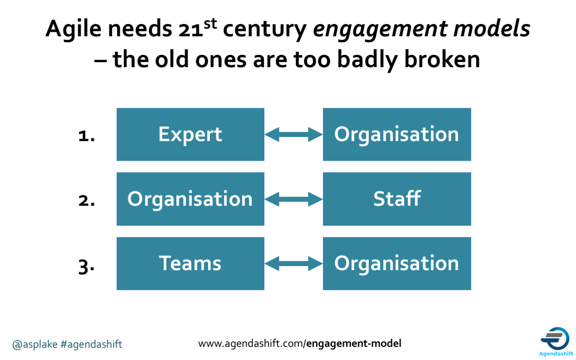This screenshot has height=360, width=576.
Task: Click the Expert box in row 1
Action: [190, 134]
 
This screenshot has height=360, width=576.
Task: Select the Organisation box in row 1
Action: [397, 134]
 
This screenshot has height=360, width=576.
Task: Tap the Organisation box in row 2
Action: [190, 199]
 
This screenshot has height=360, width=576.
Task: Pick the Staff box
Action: [397, 199]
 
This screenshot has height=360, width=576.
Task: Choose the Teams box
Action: [190, 263]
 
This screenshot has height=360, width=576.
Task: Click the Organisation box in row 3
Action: [397, 263]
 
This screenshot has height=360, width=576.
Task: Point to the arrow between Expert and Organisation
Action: [293, 134]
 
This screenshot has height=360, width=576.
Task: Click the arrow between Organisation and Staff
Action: [293, 199]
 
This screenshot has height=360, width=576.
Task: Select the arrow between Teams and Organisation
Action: [293, 263]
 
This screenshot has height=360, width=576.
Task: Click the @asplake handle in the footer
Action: [35, 344]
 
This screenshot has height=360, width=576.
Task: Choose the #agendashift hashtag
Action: [91, 344]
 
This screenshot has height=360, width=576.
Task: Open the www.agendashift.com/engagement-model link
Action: [299, 344]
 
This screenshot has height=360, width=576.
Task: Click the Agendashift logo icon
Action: [555, 339]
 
